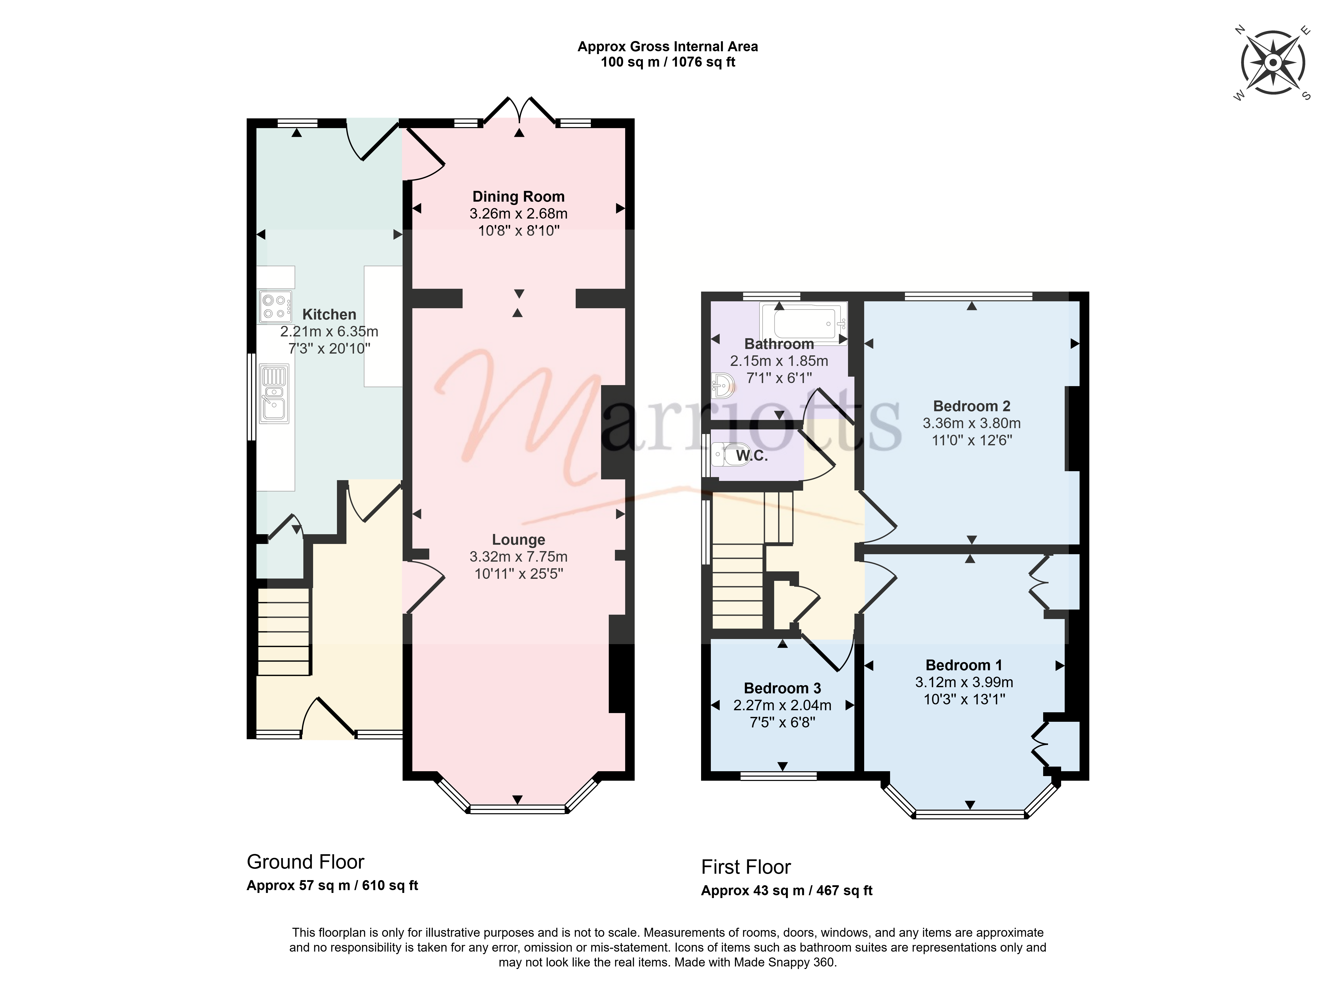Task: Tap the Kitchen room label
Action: pyautogui.click(x=329, y=314)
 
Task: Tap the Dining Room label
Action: pyautogui.click(x=518, y=196)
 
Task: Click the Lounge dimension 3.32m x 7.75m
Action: pyautogui.click(x=518, y=557)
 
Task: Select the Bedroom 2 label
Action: pyautogui.click(x=972, y=406)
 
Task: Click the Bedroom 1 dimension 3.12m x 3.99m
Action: pyautogui.click(x=964, y=682)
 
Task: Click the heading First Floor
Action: pyautogui.click(x=746, y=867)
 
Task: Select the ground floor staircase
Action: pyautogui.click(x=284, y=632)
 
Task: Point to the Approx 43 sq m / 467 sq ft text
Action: pyautogui.click(x=787, y=891)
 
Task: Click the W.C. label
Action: pyautogui.click(x=752, y=456)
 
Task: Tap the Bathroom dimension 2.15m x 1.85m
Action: pyautogui.click(x=779, y=361)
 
